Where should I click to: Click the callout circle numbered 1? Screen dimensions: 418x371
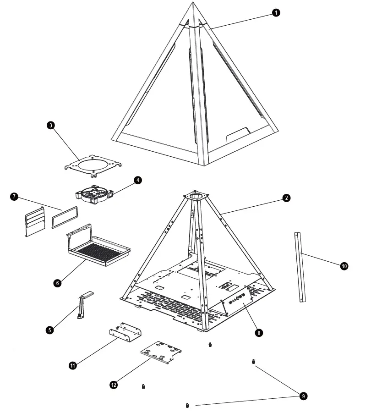coord(276,13)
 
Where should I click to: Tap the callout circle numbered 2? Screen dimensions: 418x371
coord(286,198)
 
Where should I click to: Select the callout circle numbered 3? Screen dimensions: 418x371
coord(51,125)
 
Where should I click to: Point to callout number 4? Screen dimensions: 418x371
coord(137,180)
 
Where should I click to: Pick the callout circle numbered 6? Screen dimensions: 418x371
coord(57,283)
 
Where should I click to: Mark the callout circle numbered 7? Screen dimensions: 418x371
coord(14,197)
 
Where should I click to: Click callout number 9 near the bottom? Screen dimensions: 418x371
coord(302,395)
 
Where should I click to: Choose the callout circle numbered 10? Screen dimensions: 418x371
coord(344,266)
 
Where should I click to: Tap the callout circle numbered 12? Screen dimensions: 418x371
coord(113,385)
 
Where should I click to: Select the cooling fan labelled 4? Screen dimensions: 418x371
coord(94,193)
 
